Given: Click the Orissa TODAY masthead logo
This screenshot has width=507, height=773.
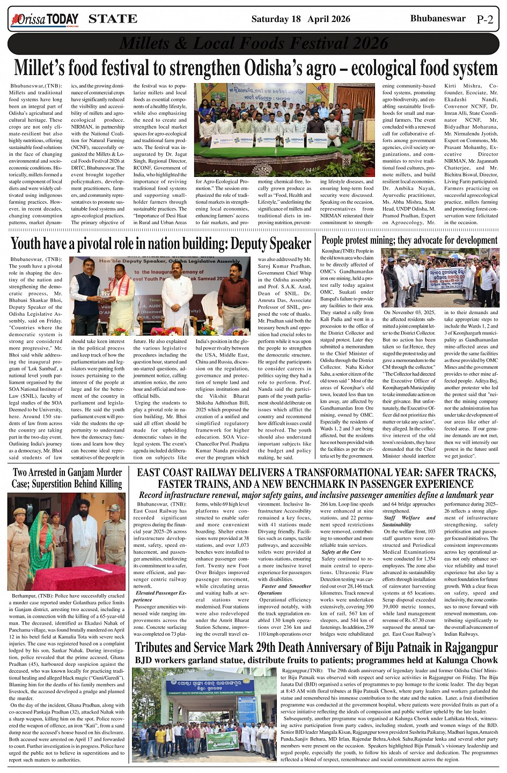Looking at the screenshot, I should [x=45, y=20].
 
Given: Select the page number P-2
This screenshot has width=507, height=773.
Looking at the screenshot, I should [x=484, y=20].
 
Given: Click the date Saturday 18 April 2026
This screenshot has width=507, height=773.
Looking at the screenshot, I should [x=300, y=19].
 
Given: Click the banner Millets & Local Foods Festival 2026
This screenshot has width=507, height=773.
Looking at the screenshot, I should [x=253, y=43].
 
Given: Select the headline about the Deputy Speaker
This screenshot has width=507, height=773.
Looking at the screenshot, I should [x=161, y=244].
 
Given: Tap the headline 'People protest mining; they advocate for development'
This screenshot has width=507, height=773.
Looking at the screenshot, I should [x=409, y=241].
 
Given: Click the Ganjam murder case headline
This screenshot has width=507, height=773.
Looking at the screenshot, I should [x=67, y=478].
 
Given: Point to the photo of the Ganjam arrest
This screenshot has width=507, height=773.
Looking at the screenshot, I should [x=67, y=541].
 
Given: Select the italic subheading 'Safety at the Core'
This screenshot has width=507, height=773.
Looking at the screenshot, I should [x=341, y=552].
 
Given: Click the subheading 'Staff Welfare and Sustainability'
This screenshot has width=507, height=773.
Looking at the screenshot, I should [x=409, y=521].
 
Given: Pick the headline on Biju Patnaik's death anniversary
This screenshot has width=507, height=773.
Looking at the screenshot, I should [x=316, y=648].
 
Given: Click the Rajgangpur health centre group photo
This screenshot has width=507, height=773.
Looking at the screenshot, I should [x=204, y=715].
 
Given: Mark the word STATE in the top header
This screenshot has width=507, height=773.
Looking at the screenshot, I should [x=113, y=19].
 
